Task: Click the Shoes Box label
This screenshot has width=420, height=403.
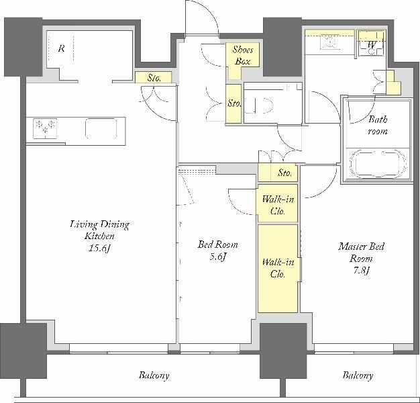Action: [242, 55]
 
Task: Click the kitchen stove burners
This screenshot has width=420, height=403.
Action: [45, 129]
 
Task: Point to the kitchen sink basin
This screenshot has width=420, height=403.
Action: [101, 128]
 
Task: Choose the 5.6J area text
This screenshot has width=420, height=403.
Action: [217, 257]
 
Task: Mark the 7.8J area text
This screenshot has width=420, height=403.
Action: [362, 271]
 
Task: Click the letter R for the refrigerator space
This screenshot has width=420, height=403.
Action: [61, 49]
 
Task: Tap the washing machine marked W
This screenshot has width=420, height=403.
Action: [372, 44]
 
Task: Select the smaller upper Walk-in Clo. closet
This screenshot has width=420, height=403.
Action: [278, 203]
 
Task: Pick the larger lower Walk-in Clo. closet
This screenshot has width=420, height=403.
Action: [278, 269]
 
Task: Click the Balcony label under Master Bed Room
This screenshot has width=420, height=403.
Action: [358, 375]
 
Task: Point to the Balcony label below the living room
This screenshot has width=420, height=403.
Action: [154, 375]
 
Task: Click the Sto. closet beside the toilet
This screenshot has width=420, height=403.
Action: [233, 103]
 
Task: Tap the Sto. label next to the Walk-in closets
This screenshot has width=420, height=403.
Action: [284, 173]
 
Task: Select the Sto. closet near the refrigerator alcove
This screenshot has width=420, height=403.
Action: [153, 78]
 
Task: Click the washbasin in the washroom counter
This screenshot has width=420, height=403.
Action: [329, 42]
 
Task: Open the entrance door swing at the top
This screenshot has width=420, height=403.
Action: [201, 17]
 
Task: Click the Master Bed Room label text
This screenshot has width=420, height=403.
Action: [361, 252]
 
